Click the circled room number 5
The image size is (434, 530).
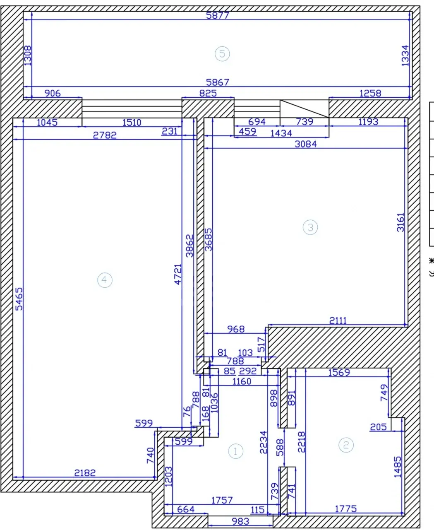pyautogui.click(x=222, y=54)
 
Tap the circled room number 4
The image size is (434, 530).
pyautogui.click(x=105, y=280)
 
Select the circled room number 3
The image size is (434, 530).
pyautogui.click(x=310, y=227)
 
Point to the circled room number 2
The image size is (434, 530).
pyautogui.click(x=346, y=445)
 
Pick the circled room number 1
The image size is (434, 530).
pyautogui.click(x=235, y=451)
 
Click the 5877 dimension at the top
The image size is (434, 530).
pyautogui.click(x=218, y=16)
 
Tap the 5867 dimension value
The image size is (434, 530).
pyautogui.click(x=218, y=82)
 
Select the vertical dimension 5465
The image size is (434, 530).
pyautogui.click(x=19, y=299)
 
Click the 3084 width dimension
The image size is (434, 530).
pyautogui.click(x=306, y=144)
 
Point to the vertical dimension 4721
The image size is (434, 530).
pyautogui.click(x=178, y=275)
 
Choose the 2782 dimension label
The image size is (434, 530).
pyautogui.click(x=105, y=135)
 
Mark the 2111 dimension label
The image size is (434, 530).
pyautogui.click(x=338, y=320)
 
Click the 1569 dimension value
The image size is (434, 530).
pyautogui.click(x=339, y=372)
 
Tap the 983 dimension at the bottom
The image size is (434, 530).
pyautogui.click(x=240, y=521)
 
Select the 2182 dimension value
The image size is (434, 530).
pyautogui.click(x=85, y=473)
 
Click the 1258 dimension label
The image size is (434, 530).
pyautogui.click(x=370, y=94)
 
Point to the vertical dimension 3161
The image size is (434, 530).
pyautogui.click(x=400, y=222)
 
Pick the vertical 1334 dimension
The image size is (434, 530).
pyautogui.click(x=405, y=56)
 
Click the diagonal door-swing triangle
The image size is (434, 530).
pyautogui.click(x=305, y=108)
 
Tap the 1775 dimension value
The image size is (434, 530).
pyautogui.click(x=346, y=509)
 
